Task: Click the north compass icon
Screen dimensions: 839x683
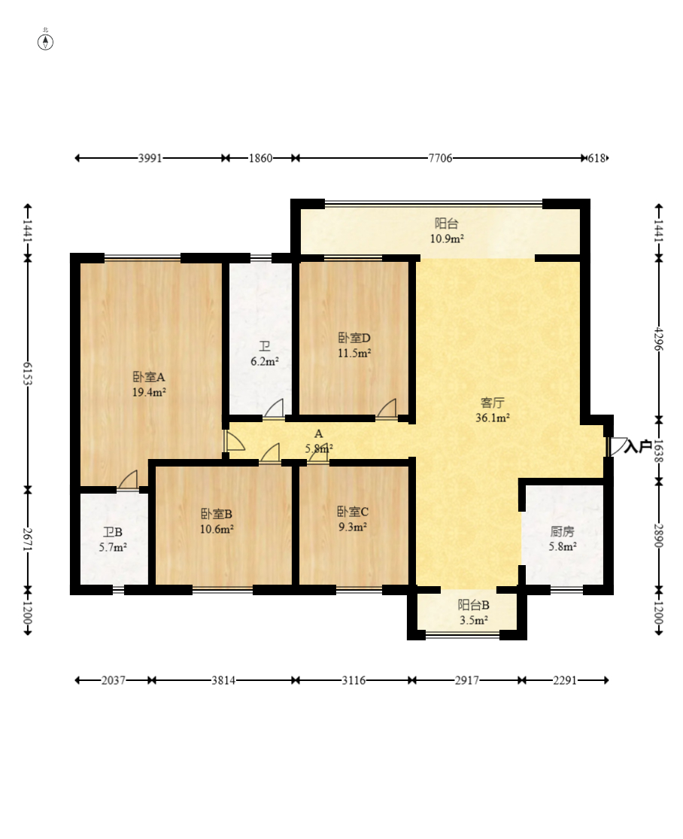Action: click(x=46, y=41)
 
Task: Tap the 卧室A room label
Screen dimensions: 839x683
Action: click(x=149, y=377)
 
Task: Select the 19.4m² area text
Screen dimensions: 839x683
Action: click(x=149, y=392)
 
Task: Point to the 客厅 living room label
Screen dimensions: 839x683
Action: click(x=493, y=403)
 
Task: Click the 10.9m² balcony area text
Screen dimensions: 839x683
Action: click(x=447, y=239)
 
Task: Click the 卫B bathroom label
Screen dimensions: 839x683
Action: click(x=113, y=532)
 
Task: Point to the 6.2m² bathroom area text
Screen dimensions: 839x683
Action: click(x=265, y=361)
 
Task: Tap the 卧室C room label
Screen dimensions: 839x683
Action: click(x=352, y=512)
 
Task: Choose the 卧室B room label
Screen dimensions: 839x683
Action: click(x=217, y=514)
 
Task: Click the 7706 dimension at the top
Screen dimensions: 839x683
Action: click(x=440, y=158)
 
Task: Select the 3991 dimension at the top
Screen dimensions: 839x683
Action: click(x=150, y=158)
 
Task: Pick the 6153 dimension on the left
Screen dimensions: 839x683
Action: click(x=28, y=373)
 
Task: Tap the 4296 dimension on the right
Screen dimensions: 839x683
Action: click(x=659, y=339)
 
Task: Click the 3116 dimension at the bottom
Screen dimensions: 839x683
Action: click(x=354, y=680)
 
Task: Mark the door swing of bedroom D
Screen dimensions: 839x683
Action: click(x=387, y=409)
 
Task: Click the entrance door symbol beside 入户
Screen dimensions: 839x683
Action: click(x=616, y=446)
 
